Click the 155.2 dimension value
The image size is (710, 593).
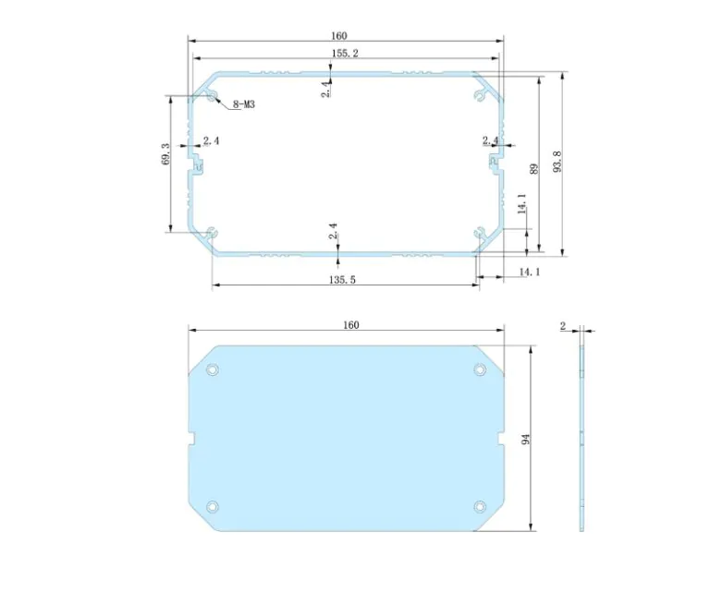click(345, 54)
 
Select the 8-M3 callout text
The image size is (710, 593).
click(244, 104)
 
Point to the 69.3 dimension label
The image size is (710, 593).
click(165, 153)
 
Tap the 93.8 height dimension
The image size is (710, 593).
click(557, 162)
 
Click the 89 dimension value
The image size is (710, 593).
click(533, 169)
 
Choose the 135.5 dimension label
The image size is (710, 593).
click(342, 280)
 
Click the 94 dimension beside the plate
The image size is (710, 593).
click(525, 439)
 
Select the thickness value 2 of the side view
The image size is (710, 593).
click(563, 326)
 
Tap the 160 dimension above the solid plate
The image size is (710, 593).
click(351, 325)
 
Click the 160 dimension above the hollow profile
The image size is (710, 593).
click(338, 36)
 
